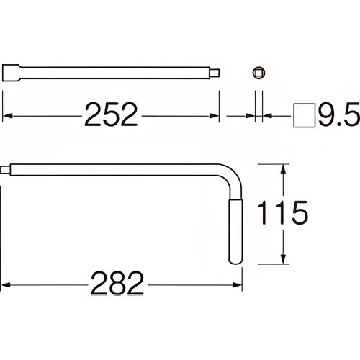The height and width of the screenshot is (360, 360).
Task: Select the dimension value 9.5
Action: [x=337, y=114]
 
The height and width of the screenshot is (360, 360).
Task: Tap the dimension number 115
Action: [x=285, y=213]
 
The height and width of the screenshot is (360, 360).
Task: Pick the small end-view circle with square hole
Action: [x=258, y=73]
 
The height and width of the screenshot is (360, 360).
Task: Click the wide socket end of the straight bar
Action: [x=14, y=73]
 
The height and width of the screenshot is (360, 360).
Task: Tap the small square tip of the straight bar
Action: [x=216, y=73]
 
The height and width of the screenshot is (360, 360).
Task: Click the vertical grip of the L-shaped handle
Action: [x=235, y=230]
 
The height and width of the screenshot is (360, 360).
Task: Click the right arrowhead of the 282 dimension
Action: [x=237, y=285]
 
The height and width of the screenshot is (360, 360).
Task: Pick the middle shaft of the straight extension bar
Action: [x=115, y=73]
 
